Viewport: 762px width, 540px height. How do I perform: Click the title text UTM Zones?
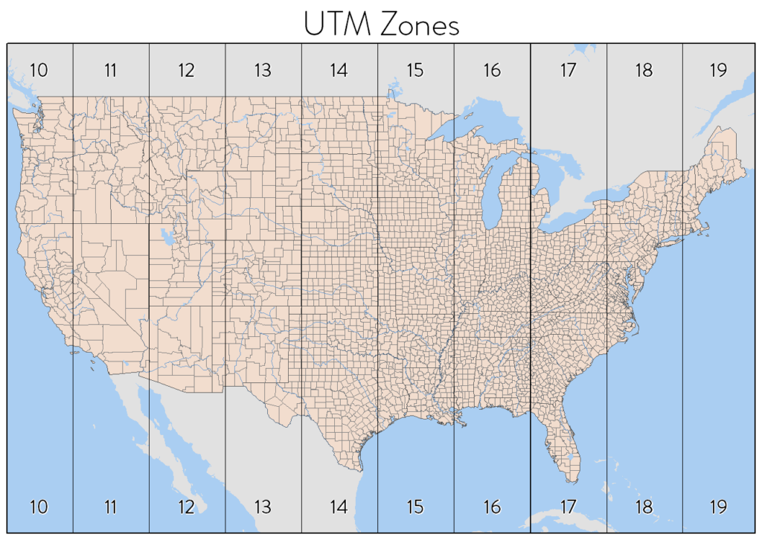381,24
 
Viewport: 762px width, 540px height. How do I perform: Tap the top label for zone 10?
39,71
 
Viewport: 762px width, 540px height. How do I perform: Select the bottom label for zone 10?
39,507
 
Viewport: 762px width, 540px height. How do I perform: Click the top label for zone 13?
263,71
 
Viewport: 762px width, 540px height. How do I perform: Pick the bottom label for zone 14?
339,507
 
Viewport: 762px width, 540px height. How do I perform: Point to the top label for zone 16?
492,71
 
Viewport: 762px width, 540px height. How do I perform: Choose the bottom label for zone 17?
568,507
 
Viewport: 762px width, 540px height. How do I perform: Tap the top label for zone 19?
718,71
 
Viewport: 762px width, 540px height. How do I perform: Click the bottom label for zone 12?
186,507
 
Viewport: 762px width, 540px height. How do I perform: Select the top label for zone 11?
110,71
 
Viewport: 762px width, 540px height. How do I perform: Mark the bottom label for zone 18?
644,507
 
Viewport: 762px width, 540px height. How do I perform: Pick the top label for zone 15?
415,71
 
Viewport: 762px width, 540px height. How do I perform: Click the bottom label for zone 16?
492,507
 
